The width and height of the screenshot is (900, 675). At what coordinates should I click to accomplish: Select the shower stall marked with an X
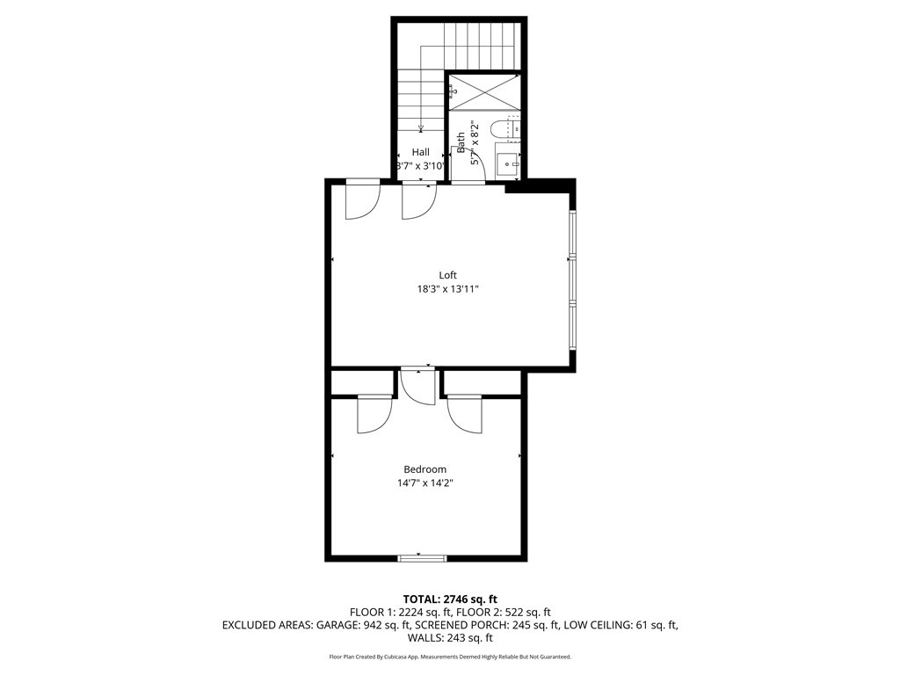point(484,91)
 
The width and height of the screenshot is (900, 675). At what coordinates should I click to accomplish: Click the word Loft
point(448,275)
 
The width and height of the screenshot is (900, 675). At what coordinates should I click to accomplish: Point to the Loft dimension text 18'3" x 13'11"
point(448,289)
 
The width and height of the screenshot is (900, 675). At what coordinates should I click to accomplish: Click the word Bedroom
point(425,469)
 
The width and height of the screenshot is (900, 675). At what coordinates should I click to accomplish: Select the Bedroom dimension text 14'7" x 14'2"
point(425,483)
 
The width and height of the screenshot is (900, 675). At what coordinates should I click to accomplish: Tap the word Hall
point(421,152)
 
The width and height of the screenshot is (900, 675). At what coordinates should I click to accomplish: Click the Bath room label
point(461,142)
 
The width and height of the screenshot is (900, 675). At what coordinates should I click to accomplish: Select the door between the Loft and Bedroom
point(417,385)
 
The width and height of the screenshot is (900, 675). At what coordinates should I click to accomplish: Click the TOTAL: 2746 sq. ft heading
point(450,599)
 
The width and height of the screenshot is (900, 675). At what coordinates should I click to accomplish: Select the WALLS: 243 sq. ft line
point(450,639)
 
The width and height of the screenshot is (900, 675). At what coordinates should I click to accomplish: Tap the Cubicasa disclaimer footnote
point(450,657)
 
